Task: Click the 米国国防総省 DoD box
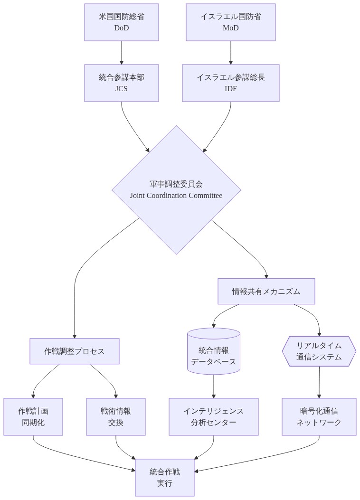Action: click(x=122, y=22)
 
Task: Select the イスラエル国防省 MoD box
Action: click(x=231, y=22)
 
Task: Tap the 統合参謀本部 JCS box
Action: click(x=122, y=83)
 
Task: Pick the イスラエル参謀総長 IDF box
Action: click(x=231, y=83)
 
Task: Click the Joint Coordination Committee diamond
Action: click(x=176, y=190)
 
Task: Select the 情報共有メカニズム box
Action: click(x=266, y=291)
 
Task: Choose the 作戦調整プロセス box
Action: click(x=75, y=351)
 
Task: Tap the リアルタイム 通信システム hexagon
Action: click(x=319, y=351)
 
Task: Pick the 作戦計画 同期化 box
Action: click(x=33, y=416)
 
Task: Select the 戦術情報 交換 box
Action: click(x=116, y=416)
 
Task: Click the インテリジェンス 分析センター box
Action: click(x=214, y=416)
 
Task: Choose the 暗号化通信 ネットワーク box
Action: click(x=319, y=416)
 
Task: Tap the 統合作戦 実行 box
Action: click(x=165, y=477)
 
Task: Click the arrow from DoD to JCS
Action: click(x=122, y=52)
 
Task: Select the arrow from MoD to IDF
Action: click(x=231, y=52)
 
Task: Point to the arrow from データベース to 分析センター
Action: click(x=214, y=386)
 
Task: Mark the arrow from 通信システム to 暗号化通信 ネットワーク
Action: click(x=319, y=382)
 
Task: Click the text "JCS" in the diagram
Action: click(x=122, y=89)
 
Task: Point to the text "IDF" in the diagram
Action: click(x=231, y=89)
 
